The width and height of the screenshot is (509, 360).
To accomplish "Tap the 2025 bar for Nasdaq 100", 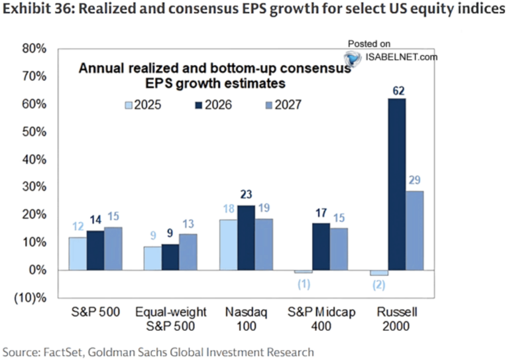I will [229, 245].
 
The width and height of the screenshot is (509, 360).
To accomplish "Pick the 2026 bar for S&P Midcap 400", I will [321, 247].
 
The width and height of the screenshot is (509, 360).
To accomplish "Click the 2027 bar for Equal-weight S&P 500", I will [188, 252].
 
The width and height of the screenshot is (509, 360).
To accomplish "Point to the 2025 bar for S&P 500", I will [77, 253].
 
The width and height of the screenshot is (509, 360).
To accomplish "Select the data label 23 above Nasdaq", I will [247, 196].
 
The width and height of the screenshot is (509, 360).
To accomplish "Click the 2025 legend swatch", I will [129, 105].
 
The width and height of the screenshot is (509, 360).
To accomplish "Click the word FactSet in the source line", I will [61, 351].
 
